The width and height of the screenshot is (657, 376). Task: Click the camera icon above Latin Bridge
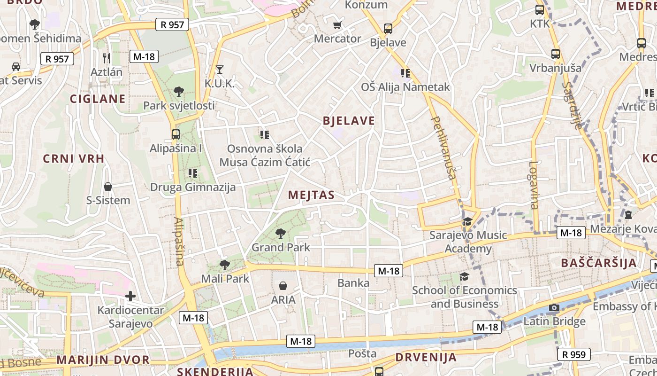click(554, 308)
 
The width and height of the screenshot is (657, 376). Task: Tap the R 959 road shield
click(573, 354)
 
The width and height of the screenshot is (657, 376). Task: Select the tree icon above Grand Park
click(281, 233)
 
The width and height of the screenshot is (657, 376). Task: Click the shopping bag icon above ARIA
click(283, 286)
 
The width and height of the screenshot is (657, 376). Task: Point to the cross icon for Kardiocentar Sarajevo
click(130, 296)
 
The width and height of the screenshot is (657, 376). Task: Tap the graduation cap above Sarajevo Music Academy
click(467, 221)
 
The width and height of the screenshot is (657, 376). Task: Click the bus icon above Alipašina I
click(176, 134)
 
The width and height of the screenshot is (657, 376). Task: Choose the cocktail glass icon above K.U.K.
click(219, 70)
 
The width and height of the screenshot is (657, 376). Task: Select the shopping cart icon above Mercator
click(337, 25)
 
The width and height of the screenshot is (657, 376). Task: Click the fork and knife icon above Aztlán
click(107, 58)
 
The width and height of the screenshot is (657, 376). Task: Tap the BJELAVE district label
click(349, 121)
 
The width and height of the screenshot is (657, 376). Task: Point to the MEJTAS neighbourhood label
click(311, 195)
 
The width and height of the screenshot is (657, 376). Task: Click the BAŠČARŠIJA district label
click(599, 263)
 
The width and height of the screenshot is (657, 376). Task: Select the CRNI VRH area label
click(74, 158)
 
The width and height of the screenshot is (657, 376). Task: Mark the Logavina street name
click(534, 185)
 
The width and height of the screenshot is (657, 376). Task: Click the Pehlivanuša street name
click(443, 148)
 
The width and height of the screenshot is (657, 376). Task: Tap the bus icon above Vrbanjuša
click(556, 54)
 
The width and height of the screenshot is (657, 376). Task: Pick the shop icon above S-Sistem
click(108, 187)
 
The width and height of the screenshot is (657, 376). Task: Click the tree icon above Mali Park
click(225, 265)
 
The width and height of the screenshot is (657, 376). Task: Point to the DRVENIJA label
click(426, 357)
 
